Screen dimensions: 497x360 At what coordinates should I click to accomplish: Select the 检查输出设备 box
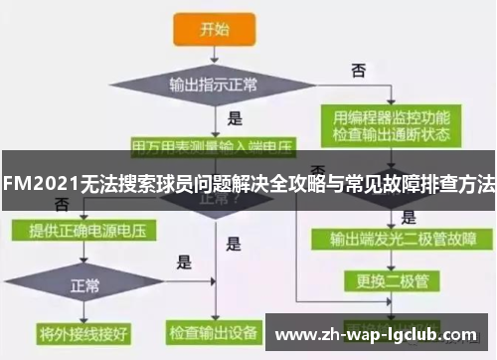coord(213,330)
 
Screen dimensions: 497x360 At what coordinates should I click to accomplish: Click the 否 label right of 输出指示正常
coord(359,70)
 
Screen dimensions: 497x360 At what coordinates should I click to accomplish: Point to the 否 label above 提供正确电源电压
coord(63,204)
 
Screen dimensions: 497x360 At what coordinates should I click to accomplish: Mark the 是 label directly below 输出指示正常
coord(236,118)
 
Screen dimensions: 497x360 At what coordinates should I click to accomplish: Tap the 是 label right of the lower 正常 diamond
coord(184,263)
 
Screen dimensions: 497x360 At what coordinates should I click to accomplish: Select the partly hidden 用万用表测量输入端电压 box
coord(214,145)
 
